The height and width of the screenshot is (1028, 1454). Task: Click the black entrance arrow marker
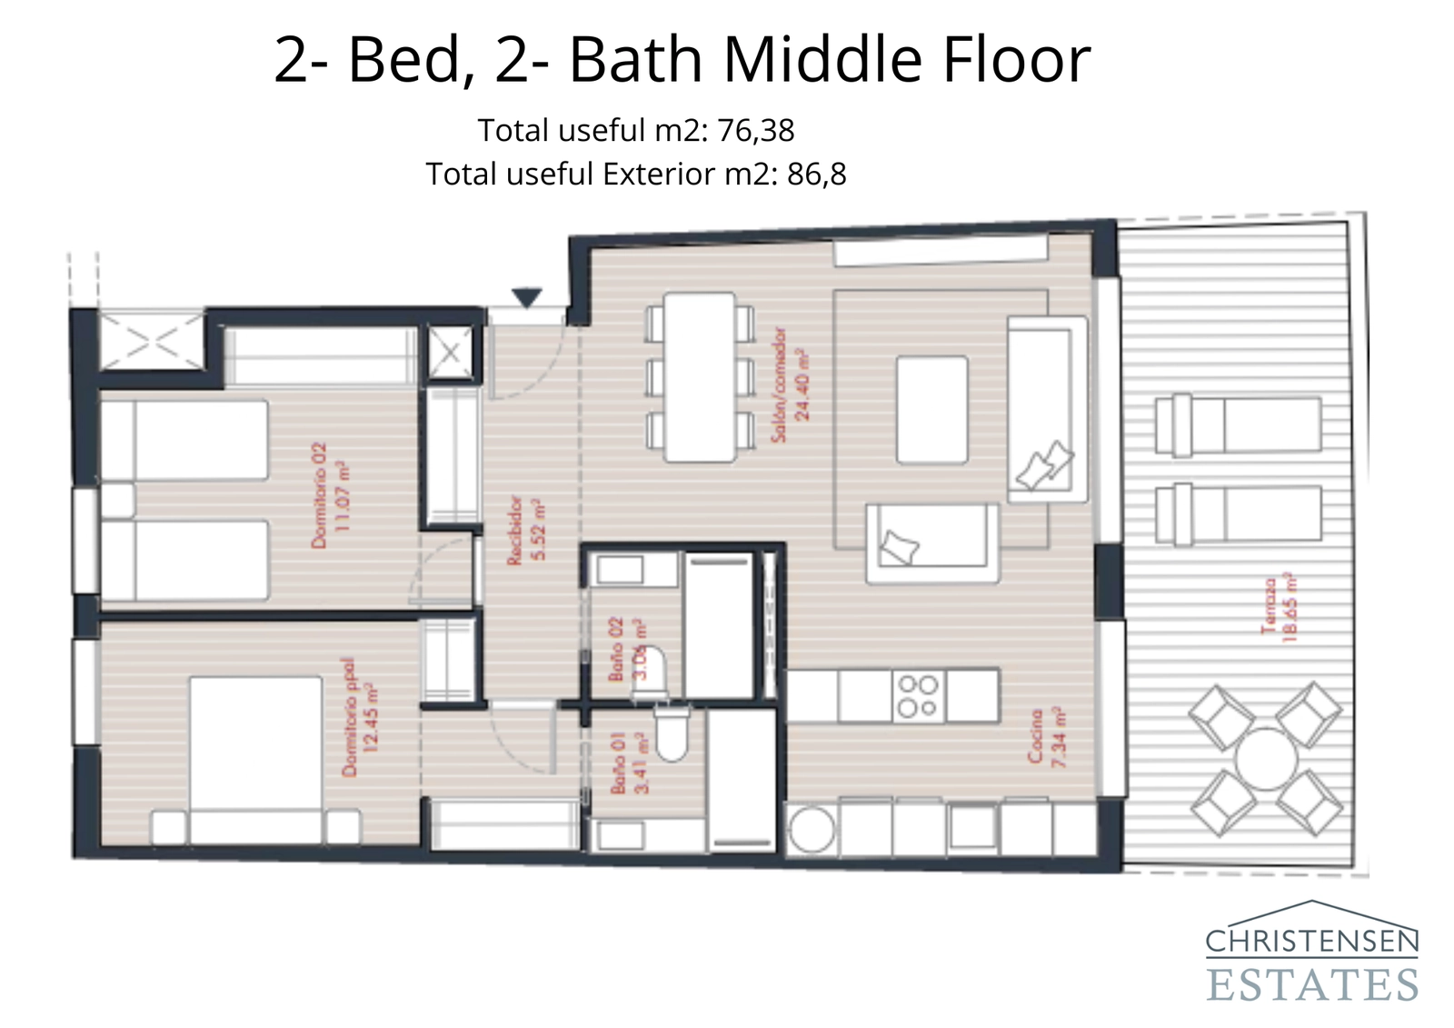pyautogui.click(x=526, y=297)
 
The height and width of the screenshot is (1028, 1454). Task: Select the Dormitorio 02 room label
pyautogui.click(x=329, y=495)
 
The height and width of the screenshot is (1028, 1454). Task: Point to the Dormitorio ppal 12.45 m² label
pyautogui.click(x=360, y=718)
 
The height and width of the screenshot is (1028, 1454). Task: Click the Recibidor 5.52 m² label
pyautogui.click(x=526, y=531)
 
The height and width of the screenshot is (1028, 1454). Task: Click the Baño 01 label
pyautogui.click(x=630, y=764)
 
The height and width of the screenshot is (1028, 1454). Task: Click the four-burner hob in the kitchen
pyautogui.click(x=918, y=696)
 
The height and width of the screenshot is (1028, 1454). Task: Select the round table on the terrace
pyautogui.click(x=1266, y=759)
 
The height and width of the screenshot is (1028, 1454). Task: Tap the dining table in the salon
pyautogui.click(x=699, y=376)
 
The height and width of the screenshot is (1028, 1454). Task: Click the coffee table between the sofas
pyautogui.click(x=931, y=410)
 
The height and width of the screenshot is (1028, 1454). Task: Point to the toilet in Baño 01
pyautogui.click(x=672, y=737)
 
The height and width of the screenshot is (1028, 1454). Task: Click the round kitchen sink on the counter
pyautogui.click(x=811, y=830)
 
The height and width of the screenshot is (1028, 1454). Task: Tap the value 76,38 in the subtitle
pyautogui.click(x=756, y=131)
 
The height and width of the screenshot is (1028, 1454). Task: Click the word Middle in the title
pyautogui.click(x=823, y=60)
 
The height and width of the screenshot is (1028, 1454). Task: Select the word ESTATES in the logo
pyautogui.click(x=1312, y=984)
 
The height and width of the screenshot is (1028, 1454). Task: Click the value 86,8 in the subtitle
pyautogui.click(x=816, y=175)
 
